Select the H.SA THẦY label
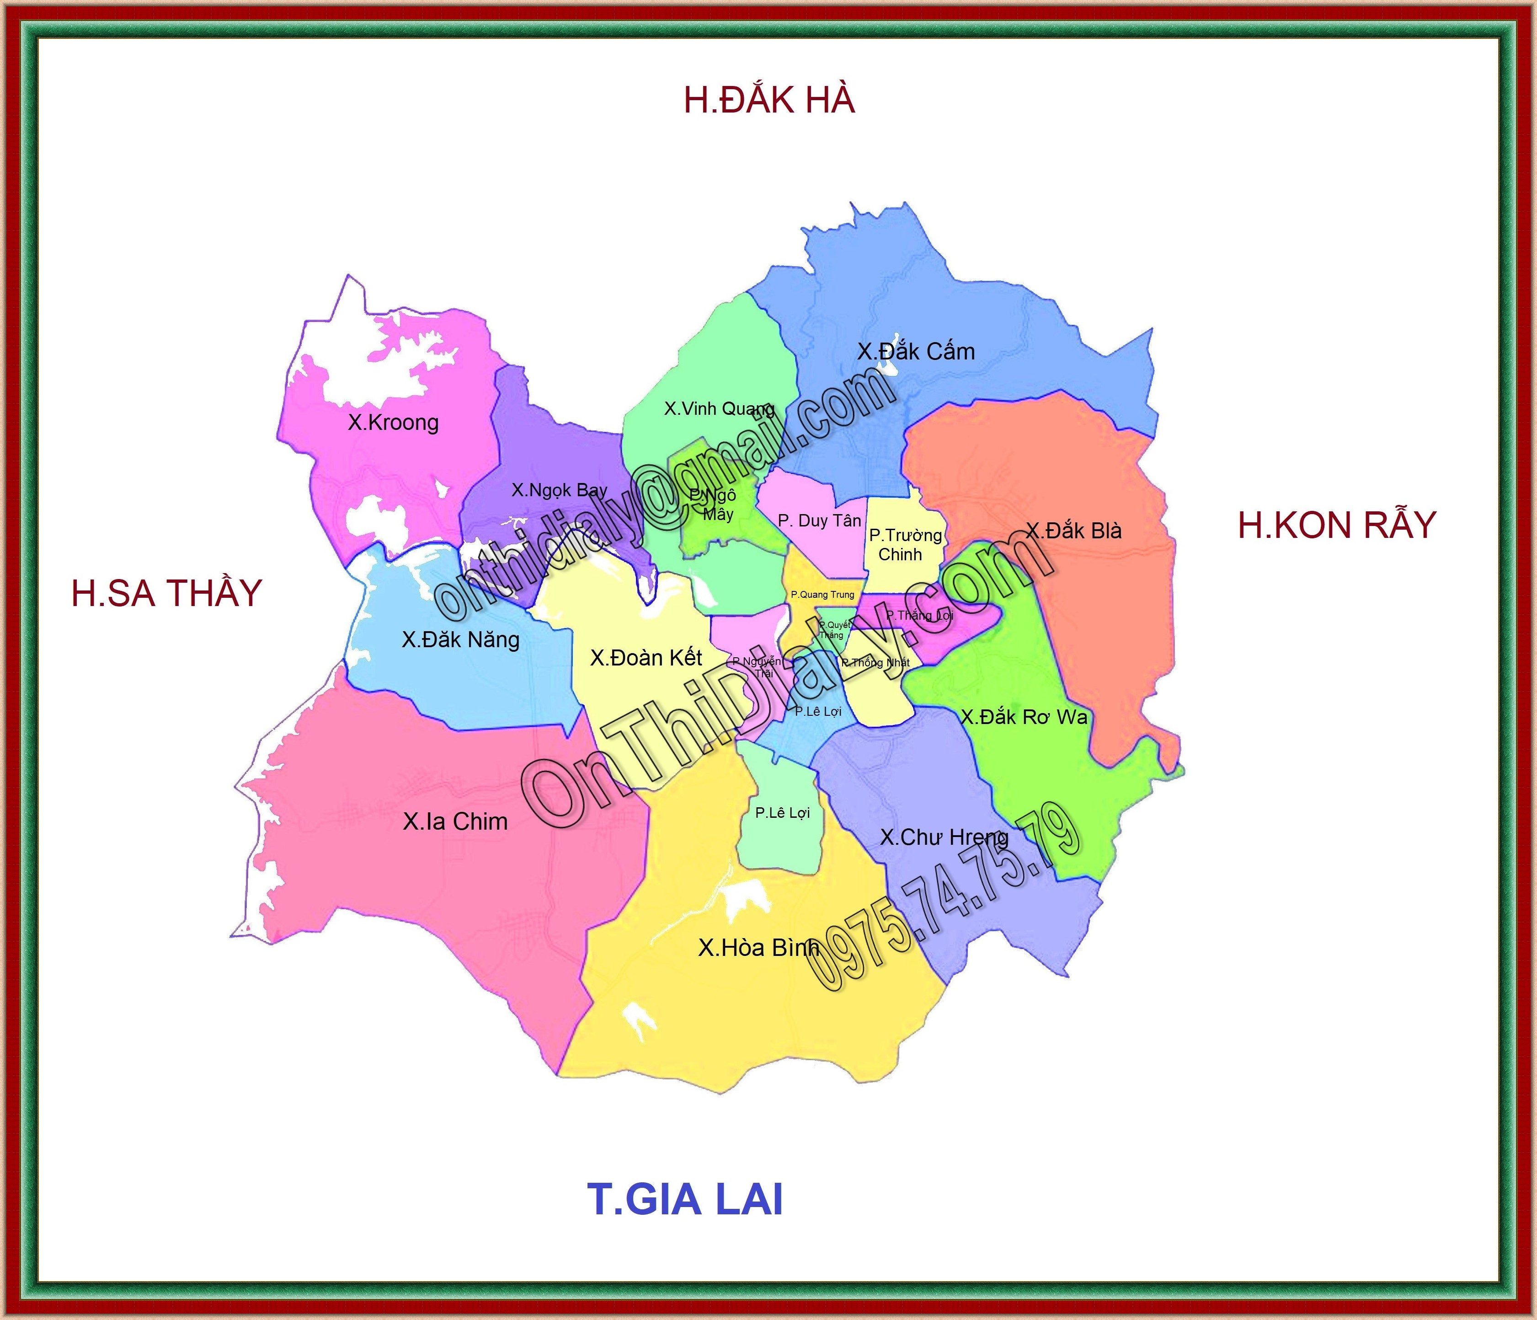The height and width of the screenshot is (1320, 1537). [167, 594]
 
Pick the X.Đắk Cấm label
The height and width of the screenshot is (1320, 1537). [916, 352]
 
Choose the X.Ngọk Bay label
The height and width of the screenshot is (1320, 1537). [559, 490]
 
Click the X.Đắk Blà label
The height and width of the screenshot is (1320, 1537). [1073, 531]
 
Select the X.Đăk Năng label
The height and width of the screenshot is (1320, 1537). [461, 639]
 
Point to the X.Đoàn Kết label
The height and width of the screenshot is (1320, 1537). [646, 657]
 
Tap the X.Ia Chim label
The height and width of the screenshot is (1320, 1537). [455, 821]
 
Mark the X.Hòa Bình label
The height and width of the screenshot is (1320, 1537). [758, 948]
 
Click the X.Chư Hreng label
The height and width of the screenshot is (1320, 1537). [944, 838]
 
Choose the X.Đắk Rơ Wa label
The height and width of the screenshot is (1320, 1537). [1024, 717]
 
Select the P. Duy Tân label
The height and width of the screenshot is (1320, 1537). [819, 521]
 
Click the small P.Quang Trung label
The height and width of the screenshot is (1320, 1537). [822, 594]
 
